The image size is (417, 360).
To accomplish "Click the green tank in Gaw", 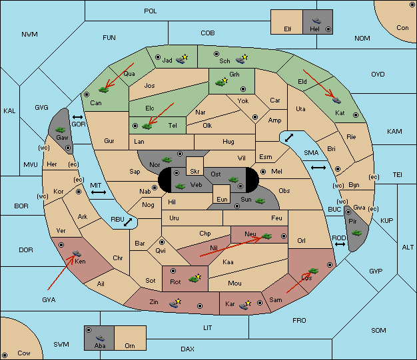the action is pos(60,130).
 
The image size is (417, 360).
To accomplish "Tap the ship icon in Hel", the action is pos(316,21).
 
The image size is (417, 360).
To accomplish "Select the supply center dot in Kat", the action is pos(356,115).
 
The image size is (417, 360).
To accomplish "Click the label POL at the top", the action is pos(151,11).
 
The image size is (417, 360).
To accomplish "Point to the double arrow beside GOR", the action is pos(77,117).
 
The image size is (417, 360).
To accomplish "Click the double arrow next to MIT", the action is pos(99,192).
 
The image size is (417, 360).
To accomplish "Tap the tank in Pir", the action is pos(356,233).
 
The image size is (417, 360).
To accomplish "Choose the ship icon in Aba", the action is pos(101,338).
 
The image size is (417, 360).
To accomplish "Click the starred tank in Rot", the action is pos(195,278).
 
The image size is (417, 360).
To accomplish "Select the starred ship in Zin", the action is pos(175,303).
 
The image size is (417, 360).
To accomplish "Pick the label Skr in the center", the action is pos(195,172).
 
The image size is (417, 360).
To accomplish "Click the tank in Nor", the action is pos(167,160).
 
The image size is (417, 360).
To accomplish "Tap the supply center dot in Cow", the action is pos(5,355).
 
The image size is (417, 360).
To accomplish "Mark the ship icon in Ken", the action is pos(77,253).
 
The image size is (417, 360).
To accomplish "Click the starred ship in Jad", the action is pos(182,59).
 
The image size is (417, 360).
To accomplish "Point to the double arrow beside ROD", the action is pos(340,244).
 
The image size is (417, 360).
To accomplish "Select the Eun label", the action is pos(222,199).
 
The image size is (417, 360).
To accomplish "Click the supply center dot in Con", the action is pos(412,5).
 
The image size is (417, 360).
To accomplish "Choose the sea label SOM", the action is pos(378,330).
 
